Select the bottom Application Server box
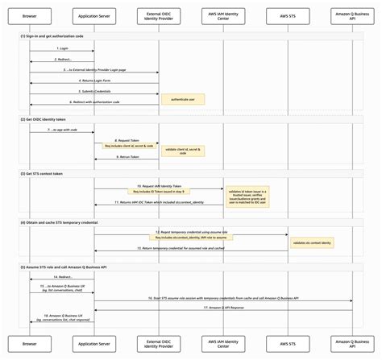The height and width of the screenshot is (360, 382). click(x=94, y=345)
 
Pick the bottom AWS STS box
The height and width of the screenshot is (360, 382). click(x=288, y=345)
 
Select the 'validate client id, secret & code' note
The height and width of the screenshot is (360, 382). click(x=184, y=151)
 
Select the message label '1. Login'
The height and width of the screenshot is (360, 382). click(x=62, y=48)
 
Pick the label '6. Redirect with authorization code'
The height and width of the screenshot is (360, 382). click(x=94, y=102)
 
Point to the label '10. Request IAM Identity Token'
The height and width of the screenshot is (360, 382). click(x=159, y=186)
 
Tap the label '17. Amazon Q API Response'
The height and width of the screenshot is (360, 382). click(x=223, y=307)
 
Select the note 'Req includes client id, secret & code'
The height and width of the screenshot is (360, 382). click(x=127, y=146)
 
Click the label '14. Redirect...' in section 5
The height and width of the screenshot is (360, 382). click(x=62, y=275)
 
